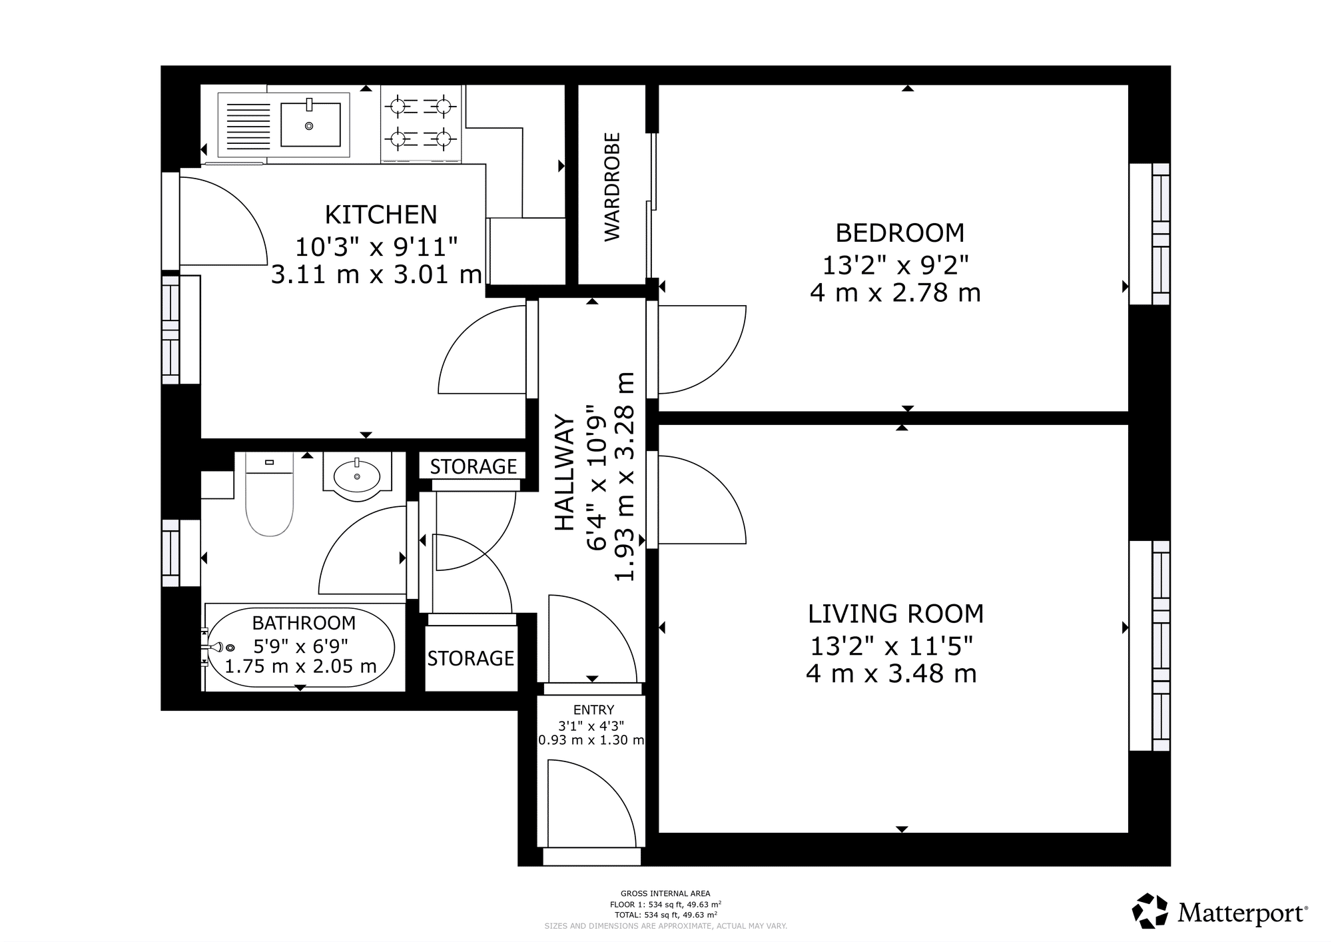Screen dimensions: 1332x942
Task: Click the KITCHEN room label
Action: click(x=381, y=215)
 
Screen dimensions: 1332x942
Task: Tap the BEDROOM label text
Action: click(x=900, y=233)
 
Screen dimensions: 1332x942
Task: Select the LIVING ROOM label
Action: click(x=896, y=614)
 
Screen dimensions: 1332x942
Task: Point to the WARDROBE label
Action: click(x=612, y=187)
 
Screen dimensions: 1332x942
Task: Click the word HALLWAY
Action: click(x=565, y=473)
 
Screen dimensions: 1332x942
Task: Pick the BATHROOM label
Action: click(x=304, y=623)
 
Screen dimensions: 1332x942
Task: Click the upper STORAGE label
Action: click(x=473, y=466)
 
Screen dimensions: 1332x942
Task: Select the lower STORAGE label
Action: click(x=470, y=658)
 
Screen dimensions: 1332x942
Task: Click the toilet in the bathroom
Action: click(x=270, y=494)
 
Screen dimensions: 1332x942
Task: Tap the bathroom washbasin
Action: click(x=357, y=476)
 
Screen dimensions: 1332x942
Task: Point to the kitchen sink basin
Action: click(x=310, y=124)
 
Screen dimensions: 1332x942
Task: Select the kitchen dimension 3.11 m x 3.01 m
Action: click(x=376, y=274)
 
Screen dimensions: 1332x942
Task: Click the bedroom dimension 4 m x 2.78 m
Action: click(x=896, y=293)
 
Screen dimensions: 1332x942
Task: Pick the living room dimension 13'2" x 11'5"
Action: click(x=892, y=646)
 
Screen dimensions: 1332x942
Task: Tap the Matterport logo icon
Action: click(x=1150, y=911)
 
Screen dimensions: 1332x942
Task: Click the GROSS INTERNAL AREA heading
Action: click(x=665, y=893)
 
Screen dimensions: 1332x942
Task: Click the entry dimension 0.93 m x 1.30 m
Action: click(x=591, y=739)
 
